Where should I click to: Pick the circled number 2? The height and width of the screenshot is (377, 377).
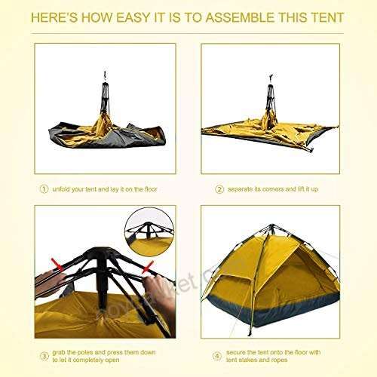(219, 190)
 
